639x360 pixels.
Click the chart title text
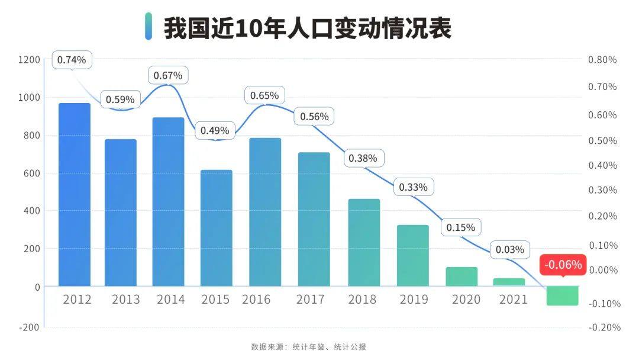[307, 28]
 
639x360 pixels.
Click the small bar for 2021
[509, 282]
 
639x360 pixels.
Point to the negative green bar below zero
[562, 295]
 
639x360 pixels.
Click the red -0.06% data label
[563, 265]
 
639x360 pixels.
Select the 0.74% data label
[72, 60]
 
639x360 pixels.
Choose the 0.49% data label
[215, 130]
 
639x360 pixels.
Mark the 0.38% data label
[363, 159]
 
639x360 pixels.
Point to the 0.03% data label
[510, 250]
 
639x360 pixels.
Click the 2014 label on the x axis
[170, 300]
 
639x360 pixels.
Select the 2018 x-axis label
[362, 300]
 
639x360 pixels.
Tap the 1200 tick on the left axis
[29, 60]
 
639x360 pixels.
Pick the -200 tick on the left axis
[29, 327]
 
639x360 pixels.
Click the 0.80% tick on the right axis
[602, 60]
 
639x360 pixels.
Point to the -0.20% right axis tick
[602, 327]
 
